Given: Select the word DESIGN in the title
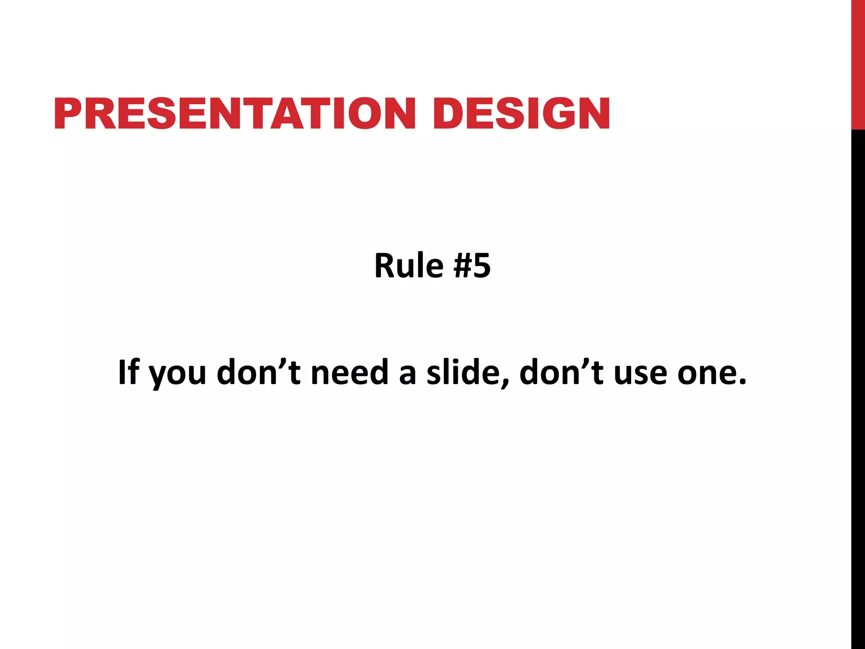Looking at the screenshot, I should (x=521, y=113).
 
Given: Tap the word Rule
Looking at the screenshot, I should (x=408, y=266).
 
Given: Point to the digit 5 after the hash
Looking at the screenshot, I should (x=482, y=266).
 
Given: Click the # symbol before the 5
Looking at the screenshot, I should (x=462, y=266).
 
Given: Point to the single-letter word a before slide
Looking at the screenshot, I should (x=408, y=375).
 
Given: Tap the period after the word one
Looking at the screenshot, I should (x=742, y=382).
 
